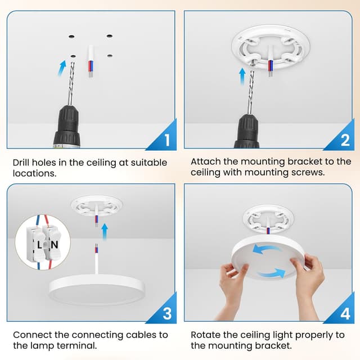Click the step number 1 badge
click(x=164, y=139)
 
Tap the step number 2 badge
click(x=343, y=139)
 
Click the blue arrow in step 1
click(x=61, y=68)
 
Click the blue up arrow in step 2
click(x=242, y=77)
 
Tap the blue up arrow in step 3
click(x=105, y=232)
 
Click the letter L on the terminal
click(x=40, y=245)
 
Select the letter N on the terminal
click(x=55, y=245)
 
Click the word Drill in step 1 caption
click(x=21, y=163)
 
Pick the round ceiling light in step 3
click(x=96, y=290)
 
